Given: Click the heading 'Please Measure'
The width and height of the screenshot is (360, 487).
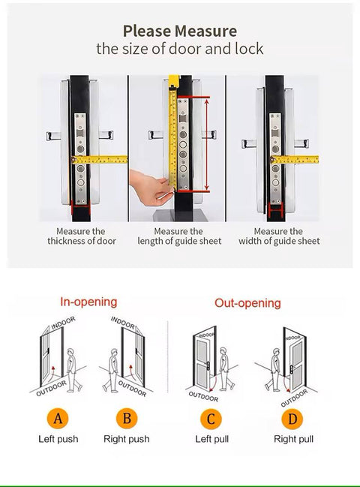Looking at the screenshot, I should click(179, 31).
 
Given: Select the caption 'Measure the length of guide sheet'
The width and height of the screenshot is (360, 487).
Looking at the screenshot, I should click(181, 236).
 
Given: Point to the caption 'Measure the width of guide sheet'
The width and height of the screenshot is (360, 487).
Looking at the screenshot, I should click(278, 236).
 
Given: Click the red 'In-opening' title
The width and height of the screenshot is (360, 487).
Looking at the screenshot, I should click(88, 302).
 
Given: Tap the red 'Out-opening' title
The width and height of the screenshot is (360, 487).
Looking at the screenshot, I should click(247, 303).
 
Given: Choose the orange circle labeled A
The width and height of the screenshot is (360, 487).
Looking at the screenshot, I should click(58, 419).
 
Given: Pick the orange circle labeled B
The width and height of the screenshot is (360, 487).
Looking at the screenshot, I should click(125, 419).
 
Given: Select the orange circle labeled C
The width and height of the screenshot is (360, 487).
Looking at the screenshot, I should click(211, 419).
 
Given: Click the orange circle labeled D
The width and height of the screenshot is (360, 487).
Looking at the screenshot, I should click(293, 419).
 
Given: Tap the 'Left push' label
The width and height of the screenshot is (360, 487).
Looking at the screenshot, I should click(58, 439).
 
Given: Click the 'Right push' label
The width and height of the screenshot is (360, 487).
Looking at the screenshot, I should click(125, 439).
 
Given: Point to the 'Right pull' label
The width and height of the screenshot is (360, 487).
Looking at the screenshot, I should click(293, 439).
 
